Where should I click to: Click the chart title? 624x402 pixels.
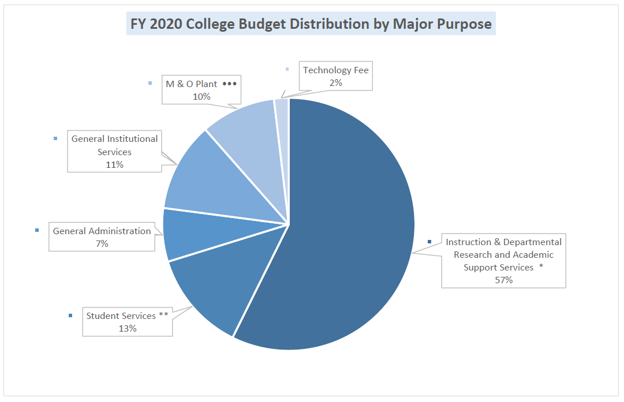pos(311,24)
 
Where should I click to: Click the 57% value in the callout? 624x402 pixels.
pos(503,280)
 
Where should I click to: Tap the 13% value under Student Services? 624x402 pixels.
pos(128,328)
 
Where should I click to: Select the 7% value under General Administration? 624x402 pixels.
pos(102,243)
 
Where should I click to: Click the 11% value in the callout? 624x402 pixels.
pos(114,165)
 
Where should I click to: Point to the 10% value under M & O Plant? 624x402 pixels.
pos(201,97)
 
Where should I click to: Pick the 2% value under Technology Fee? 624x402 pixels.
pos(335,82)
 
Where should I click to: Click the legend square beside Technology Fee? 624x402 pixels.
pos(287,70)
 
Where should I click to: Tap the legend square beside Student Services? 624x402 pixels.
pos(70,315)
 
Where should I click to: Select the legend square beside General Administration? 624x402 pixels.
pos(37,231)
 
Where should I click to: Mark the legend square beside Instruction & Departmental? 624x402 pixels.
pos(429,242)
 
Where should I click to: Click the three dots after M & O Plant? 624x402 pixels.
pos(230,84)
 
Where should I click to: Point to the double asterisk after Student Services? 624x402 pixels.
pos(163,315)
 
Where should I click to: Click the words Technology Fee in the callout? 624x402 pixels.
pos(336,70)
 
